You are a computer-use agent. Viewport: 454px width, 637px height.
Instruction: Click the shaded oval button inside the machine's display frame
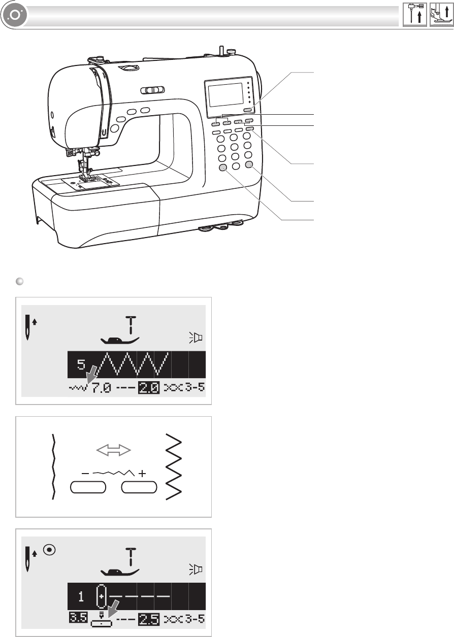pyautogui.click(x=248, y=110)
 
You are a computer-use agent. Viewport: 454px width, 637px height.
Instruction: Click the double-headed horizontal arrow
pyautogui.click(x=114, y=450)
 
